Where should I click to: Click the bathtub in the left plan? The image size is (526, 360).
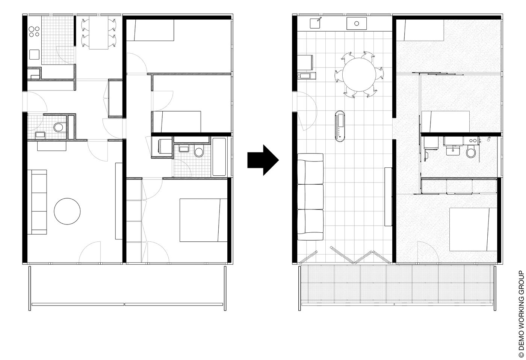(x=219, y=157)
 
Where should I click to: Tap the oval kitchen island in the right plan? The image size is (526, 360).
(x=341, y=127)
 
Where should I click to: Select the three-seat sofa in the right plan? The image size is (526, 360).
(x=310, y=197)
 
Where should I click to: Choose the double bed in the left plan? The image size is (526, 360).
(x=203, y=220)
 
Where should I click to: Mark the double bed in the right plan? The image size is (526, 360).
(x=470, y=229)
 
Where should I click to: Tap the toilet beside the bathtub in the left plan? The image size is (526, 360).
(x=199, y=152)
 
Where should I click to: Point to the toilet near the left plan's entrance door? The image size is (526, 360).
(x=58, y=127)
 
